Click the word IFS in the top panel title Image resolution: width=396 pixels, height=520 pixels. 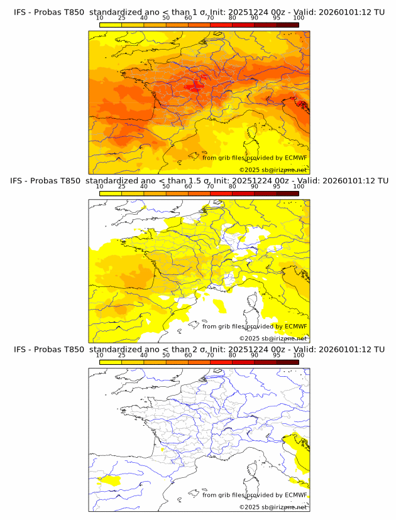[x=21, y=11]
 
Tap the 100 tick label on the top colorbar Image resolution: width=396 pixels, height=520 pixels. [x=299, y=18]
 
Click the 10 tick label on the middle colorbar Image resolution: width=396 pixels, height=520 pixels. [x=99, y=187]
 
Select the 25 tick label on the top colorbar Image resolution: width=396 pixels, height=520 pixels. [x=121, y=18]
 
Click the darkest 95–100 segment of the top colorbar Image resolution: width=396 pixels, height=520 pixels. [x=287, y=24]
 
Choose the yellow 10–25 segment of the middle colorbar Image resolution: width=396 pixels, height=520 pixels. [x=111, y=193]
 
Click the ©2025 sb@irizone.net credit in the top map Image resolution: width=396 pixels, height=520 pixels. [x=273, y=170]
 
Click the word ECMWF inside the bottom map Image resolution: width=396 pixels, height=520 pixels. [x=295, y=495]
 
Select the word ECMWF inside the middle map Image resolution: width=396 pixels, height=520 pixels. [x=295, y=326]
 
